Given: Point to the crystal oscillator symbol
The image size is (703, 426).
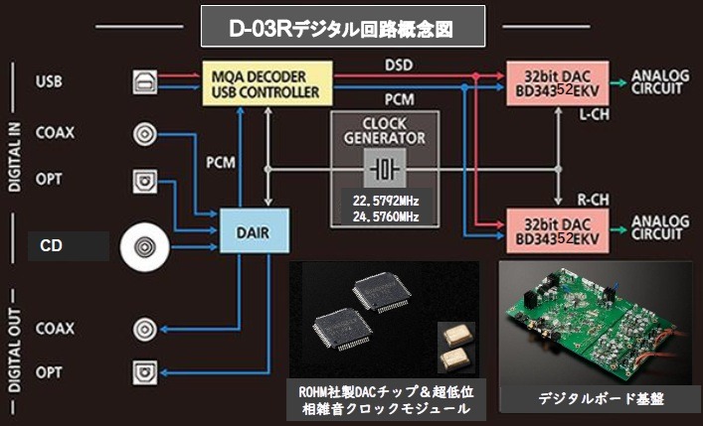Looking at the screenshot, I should click(383, 169).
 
